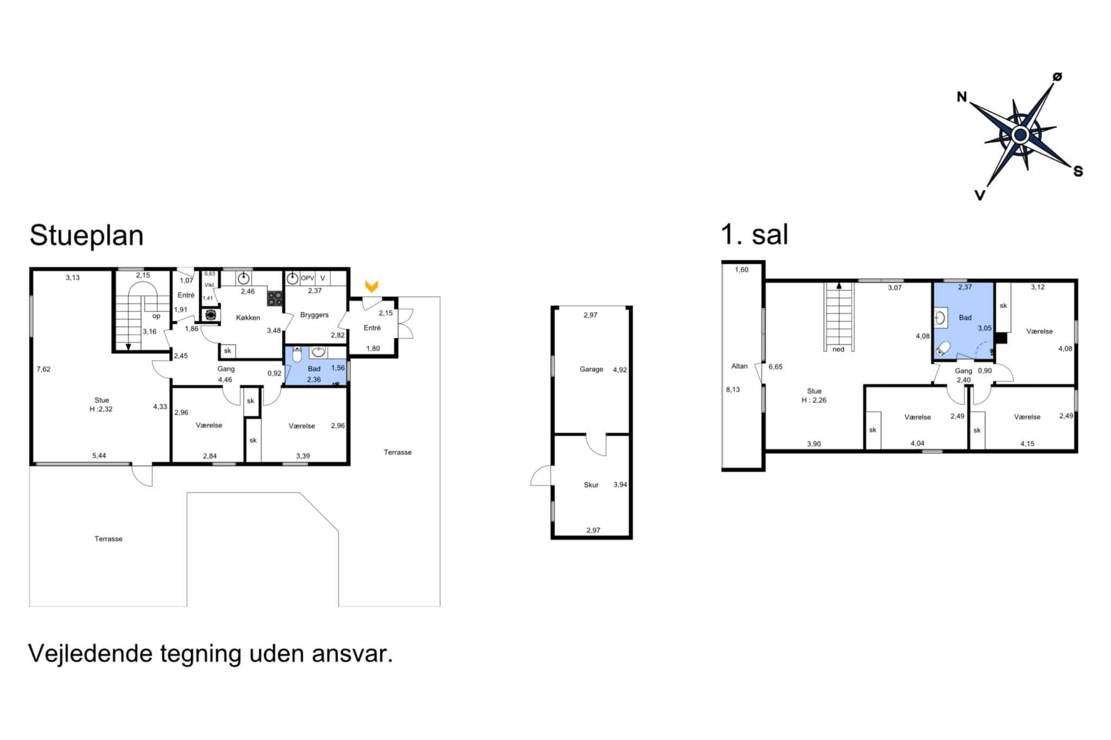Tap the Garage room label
(591, 369)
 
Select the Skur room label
(591, 485)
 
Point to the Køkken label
(248, 318)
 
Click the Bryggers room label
(314, 315)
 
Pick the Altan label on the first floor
(739, 366)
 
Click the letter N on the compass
(962, 97)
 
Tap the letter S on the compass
(1078, 171)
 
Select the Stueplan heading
(86, 236)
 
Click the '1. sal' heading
(754, 235)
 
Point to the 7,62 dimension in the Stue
(43, 369)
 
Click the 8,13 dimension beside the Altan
(733, 389)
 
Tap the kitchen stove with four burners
(275, 299)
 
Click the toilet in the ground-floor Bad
(297, 355)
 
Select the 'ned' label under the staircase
(838, 349)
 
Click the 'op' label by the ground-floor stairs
(156, 316)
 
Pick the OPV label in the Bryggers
(308, 278)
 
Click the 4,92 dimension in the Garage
(620, 370)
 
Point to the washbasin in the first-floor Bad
(941, 318)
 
